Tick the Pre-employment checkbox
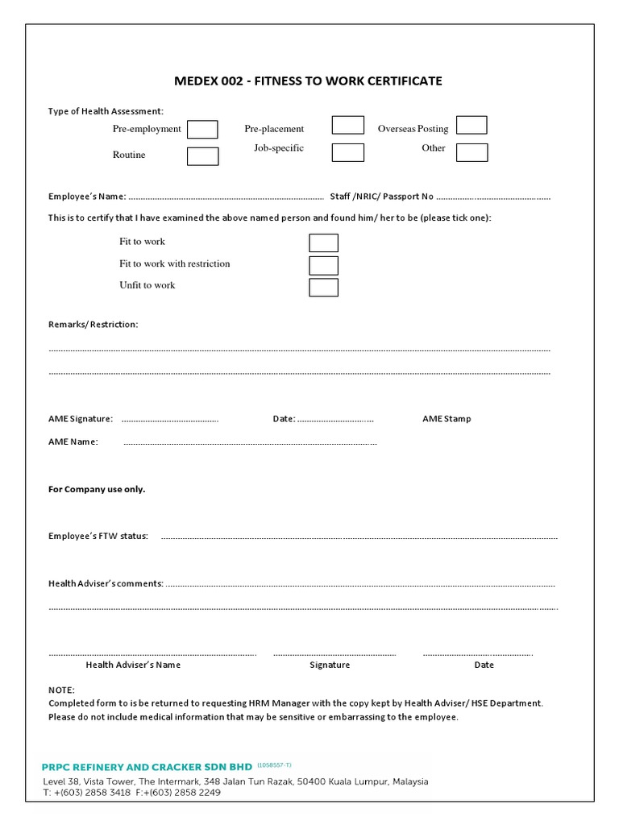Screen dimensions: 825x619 [202, 129]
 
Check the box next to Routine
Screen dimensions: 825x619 [202, 156]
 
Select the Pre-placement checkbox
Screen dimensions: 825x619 [347, 125]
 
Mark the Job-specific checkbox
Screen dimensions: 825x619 [347, 152]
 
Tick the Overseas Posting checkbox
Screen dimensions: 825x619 [472, 125]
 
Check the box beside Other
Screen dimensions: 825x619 [472, 152]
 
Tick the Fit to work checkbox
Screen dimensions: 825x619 [323, 243]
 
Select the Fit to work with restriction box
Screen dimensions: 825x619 [323, 265]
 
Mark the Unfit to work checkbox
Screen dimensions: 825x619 [323, 287]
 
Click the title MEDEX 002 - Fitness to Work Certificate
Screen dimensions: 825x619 [309, 81]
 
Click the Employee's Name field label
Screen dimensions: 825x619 [87, 197]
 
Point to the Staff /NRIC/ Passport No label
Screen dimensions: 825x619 [381, 197]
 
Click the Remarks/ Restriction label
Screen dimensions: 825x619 [93, 324]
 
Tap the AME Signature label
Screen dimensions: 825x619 [81, 419]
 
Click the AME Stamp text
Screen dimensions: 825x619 [447, 419]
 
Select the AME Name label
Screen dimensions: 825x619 [73, 442]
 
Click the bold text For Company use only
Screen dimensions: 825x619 [97, 489]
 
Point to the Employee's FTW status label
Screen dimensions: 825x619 [98, 537]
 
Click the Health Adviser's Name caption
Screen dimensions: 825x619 [133, 665]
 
